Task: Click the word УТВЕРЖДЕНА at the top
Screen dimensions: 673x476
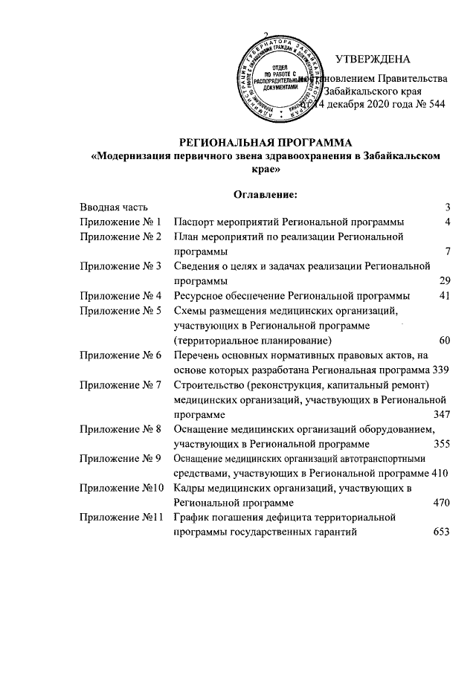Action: point(371,59)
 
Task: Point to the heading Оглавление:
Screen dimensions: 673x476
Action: point(266,195)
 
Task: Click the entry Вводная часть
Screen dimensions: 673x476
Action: point(115,207)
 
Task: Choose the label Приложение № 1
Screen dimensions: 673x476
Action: point(120,222)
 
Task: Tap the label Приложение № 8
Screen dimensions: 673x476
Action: point(120,429)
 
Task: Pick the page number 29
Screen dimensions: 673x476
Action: point(446,280)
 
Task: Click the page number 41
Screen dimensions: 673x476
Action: point(446,295)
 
